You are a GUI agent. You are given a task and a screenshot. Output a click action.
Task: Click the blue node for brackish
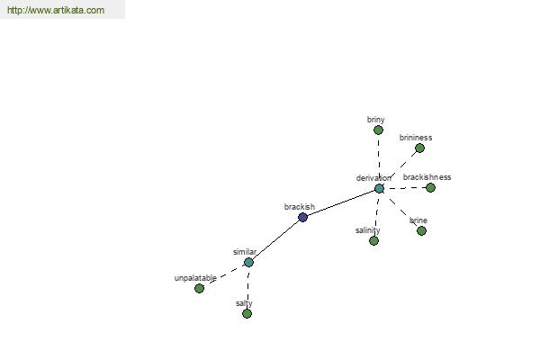[302, 218]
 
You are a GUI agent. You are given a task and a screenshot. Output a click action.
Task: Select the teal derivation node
[379, 189]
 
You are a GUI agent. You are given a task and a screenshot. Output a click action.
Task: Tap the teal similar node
[248, 263]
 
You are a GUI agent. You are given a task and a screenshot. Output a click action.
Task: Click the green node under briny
[378, 130]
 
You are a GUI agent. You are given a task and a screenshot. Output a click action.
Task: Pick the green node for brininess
[419, 148]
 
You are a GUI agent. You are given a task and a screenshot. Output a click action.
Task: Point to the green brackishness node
[430, 188]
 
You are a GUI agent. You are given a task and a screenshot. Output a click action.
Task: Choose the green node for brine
[421, 230]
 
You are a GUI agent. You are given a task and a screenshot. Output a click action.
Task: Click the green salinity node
[373, 241]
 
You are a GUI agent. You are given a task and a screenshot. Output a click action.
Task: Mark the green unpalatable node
[199, 288]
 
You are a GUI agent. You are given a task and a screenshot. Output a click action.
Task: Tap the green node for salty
[247, 314]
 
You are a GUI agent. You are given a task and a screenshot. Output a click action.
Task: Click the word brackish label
[300, 207]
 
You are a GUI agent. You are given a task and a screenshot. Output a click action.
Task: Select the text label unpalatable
[195, 278]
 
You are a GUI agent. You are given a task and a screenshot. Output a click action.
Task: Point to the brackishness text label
[427, 177]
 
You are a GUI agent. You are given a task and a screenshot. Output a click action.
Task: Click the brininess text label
[416, 138]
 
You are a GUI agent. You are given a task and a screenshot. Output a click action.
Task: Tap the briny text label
[375, 120]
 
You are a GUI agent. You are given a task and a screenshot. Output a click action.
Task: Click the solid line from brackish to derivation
[341, 203]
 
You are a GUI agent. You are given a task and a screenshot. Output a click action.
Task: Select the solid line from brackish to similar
[275, 240]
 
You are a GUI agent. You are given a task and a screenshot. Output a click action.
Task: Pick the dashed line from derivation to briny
[379, 159]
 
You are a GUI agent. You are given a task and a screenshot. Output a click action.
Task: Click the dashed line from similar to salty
[248, 288]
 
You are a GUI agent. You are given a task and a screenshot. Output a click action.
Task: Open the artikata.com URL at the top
[56, 10]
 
